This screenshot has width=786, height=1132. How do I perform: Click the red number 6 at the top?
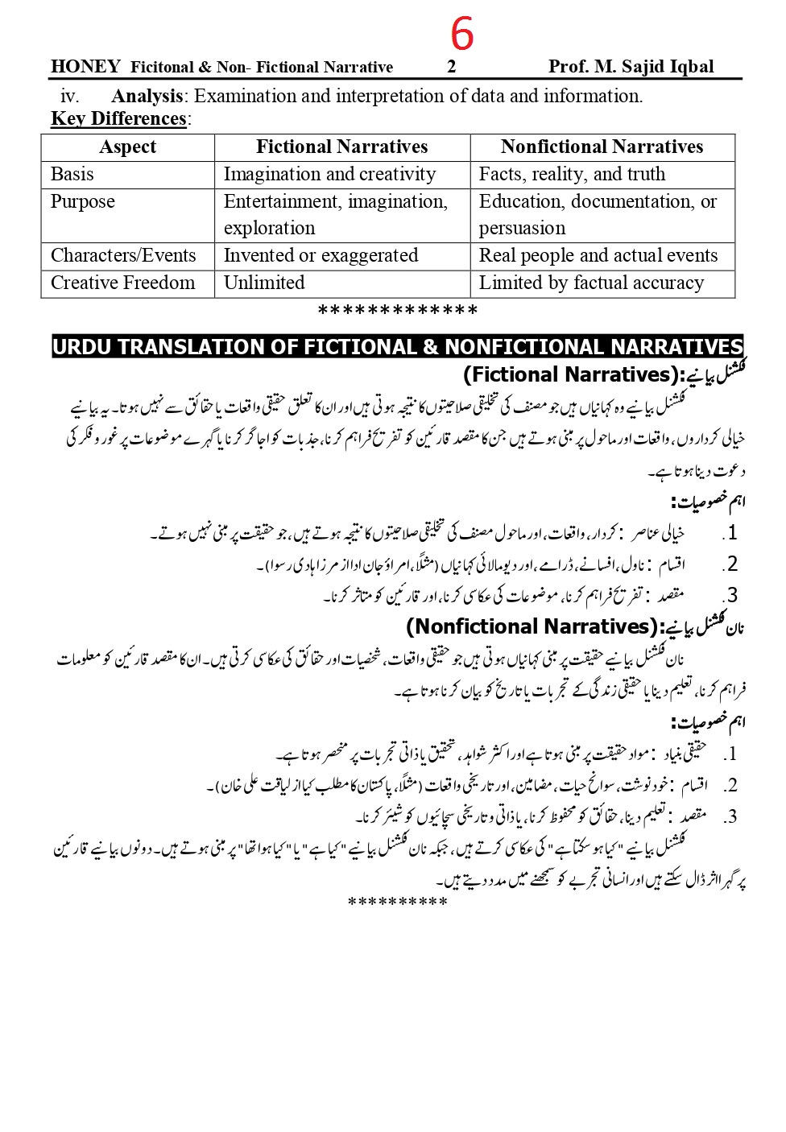pyautogui.click(x=461, y=35)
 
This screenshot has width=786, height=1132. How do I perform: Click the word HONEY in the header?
pyautogui.click(x=85, y=67)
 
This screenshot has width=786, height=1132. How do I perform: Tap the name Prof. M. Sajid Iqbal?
pyautogui.click(x=631, y=67)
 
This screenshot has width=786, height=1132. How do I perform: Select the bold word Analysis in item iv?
pyautogui.click(x=147, y=97)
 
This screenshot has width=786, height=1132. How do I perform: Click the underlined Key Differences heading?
pyautogui.click(x=118, y=119)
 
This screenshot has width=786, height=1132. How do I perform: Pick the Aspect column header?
pyautogui.click(x=127, y=147)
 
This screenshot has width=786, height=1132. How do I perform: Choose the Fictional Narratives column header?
pyautogui.click(x=341, y=147)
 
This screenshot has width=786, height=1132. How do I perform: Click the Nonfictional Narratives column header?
pyautogui.click(x=602, y=147)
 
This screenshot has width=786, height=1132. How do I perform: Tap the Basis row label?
pyautogui.click(x=72, y=175)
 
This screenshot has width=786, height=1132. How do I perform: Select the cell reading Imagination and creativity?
pyautogui.click(x=329, y=175)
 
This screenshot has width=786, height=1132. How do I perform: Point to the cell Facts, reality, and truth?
pyautogui.click(x=572, y=175)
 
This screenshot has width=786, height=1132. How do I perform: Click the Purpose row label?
pyautogui.click(x=83, y=202)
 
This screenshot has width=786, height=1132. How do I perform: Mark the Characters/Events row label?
pyautogui.click(x=123, y=256)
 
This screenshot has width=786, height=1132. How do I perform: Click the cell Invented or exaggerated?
pyautogui.click(x=321, y=256)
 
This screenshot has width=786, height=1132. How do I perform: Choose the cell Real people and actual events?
pyautogui.click(x=598, y=256)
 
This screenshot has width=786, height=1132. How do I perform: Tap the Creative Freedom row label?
pyautogui.click(x=122, y=283)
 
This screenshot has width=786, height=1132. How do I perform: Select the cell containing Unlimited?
pyautogui.click(x=264, y=283)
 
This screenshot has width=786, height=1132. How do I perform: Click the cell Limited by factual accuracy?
pyautogui.click(x=591, y=283)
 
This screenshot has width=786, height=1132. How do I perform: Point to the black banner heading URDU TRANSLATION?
pyautogui.click(x=397, y=347)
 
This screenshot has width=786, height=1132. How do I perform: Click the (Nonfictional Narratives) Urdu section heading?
pyautogui.click(x=575, y=626)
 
